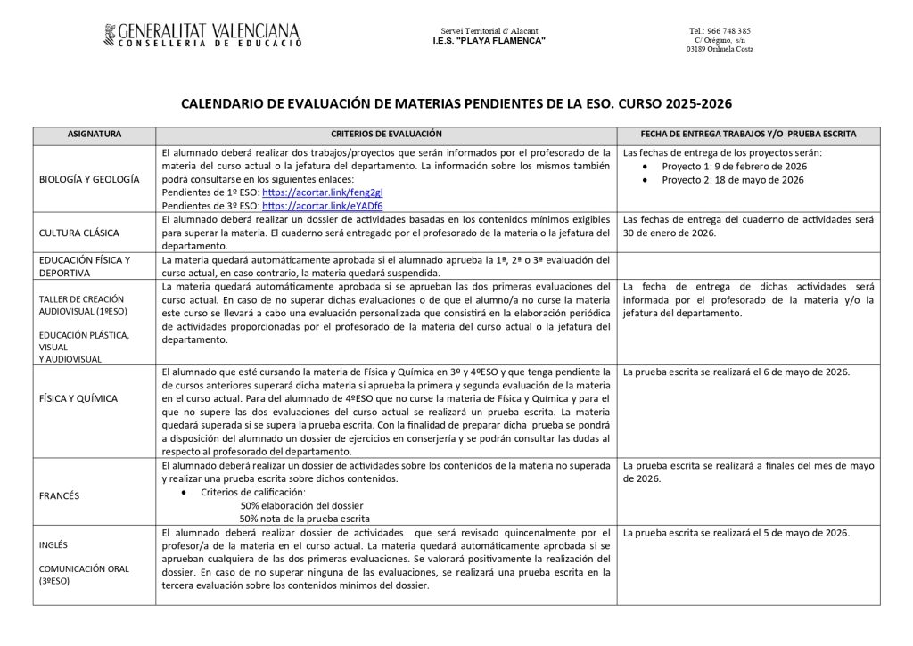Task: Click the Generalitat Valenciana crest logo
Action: click(110, 35)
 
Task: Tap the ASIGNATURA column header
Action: click(95, 134)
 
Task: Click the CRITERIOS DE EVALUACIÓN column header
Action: click(386, 134)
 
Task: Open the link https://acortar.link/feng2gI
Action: click(307, 192)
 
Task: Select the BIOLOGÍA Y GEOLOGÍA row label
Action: click(89, 179)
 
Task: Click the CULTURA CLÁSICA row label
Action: click(81, 233)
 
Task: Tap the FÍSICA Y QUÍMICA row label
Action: click(78, 398)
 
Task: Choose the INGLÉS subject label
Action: click(53, 544)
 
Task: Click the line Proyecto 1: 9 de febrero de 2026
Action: click(734, 167)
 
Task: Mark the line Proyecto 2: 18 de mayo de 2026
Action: click(733, 180)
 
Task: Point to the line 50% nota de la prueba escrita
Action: click(304, 519)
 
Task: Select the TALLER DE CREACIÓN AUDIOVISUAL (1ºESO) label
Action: click(82, 306)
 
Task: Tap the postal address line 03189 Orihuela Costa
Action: click(720, 49)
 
